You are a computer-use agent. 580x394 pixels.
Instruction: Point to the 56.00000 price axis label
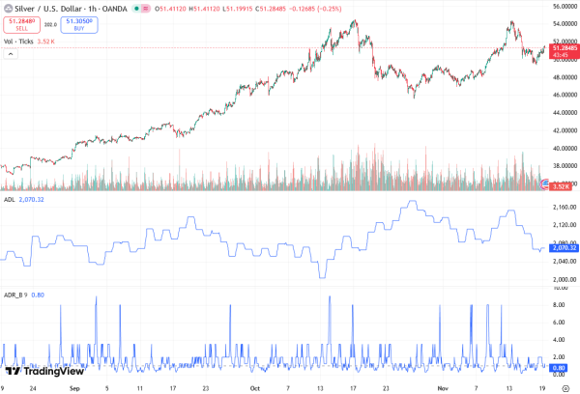(560, 7)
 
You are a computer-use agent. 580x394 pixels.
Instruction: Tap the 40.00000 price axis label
(560, 149)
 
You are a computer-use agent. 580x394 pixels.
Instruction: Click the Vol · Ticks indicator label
(18, 42)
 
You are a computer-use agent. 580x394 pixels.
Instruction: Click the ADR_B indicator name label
(13, 295)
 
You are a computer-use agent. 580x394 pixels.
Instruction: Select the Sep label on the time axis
(75, 386)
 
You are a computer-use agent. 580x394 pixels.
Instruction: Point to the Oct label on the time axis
(254, 386)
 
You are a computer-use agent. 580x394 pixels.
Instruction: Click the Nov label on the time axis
(442, 386)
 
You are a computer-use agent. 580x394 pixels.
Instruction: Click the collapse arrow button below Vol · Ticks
(11, 54)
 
